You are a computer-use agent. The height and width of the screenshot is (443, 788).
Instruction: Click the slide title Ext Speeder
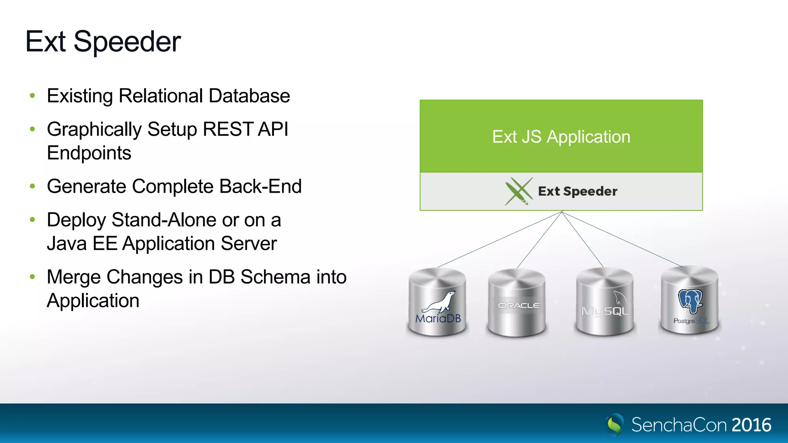tap(103, 42)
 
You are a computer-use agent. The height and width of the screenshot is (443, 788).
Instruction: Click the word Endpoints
tap(89, 153)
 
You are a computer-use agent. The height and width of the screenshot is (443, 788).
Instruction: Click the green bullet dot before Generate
tap(33, 187)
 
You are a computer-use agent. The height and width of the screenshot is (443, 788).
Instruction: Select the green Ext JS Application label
tap(561, 137)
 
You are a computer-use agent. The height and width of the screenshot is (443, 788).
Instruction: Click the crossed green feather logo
tap(519, 191)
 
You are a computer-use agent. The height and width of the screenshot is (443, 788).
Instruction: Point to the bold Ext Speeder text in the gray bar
tap(578, 192)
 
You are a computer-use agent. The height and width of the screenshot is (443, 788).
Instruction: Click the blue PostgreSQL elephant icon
tap(690, 301)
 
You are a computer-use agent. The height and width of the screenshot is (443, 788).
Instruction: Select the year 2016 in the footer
tap(751, 425)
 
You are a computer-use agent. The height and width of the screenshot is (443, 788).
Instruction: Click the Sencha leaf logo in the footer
tap(614, 425)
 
